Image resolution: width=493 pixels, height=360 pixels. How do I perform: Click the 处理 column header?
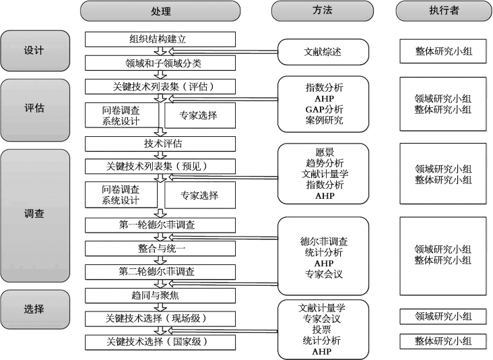click(160, 11)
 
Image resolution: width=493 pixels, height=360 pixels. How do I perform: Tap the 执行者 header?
click(442, 11)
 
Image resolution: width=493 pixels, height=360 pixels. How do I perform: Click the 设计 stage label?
click(34, 51)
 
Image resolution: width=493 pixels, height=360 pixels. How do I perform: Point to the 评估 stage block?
click(34, 109)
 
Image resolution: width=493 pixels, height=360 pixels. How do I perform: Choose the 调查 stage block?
click(34, 214)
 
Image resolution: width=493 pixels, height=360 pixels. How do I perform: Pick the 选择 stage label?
click(34, 309)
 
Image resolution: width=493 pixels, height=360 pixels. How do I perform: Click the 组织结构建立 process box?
click(160, 39)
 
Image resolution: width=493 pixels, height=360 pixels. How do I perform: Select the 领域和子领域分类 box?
click(160, 63)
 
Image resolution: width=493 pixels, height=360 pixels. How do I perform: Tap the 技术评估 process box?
click(160, 144)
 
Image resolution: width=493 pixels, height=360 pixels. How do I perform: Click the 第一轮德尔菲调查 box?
click(160, 224)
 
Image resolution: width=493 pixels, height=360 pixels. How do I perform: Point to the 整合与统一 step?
click(160, 249)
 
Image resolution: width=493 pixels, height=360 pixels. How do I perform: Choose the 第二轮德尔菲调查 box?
click(160, 272)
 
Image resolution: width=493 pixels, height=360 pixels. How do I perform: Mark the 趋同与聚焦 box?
click(160, 295)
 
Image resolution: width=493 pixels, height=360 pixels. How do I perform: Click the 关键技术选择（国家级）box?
click(160, 342)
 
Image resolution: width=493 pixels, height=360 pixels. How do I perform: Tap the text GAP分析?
click(324, 109)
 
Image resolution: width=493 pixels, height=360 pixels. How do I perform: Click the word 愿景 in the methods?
click(324, 152)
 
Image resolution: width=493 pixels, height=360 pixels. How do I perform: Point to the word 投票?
click(324, 330)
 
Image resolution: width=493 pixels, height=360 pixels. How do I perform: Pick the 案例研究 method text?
click(324, 121)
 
